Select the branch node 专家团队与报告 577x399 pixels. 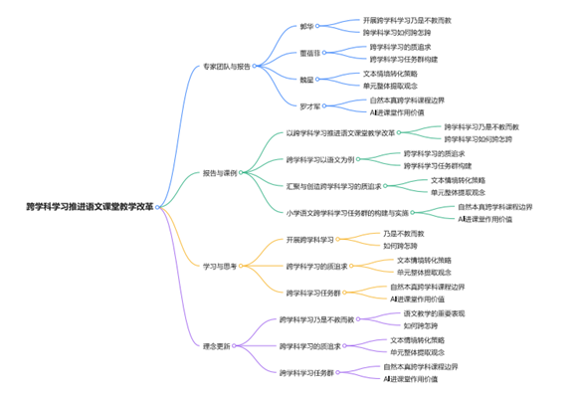(x=226, y=67)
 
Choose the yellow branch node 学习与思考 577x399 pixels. (x=220, y=267)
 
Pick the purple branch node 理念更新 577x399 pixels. (x=216, y=345)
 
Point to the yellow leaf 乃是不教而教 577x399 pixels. (x=403, y=232)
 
